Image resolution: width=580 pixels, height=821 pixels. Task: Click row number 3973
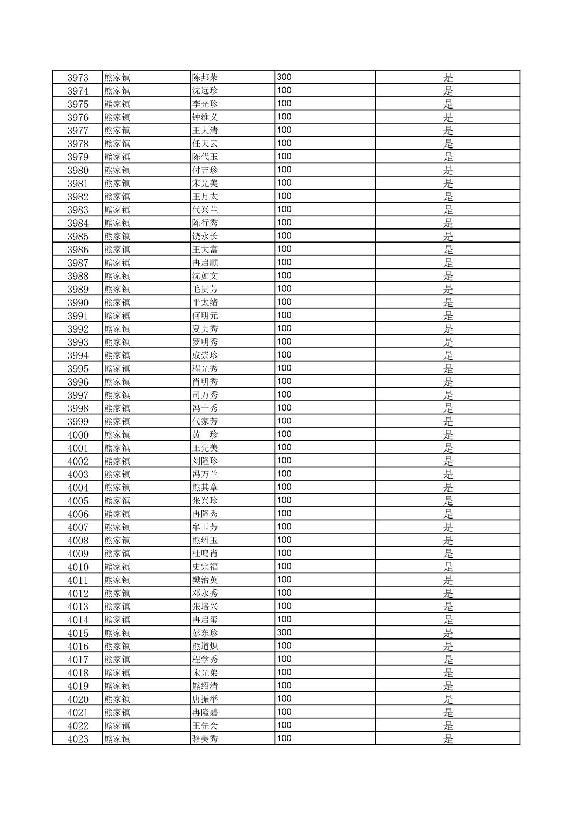pyautogui.click(x=78, y=77)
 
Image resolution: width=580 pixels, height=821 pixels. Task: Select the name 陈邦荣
pyautogui.click(x=205, y=77)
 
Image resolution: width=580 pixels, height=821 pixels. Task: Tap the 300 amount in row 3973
pyautogui.click(x=284, y=77)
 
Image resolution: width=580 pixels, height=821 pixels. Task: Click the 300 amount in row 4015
pyautogui.click(x=284, y=632)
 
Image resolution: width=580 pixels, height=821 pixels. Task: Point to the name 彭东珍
pyautogui.click(x=205, y=633)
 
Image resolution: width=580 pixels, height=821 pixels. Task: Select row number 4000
pyautogui.click(x=78, y=435)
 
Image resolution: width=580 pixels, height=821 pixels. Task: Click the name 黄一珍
pyautogui.click(x=205, y=435)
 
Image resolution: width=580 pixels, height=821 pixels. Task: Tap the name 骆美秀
pyautogui.click(x=205, y=739)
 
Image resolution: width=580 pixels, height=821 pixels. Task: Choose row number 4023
pyautogui.click(x=78, y=739)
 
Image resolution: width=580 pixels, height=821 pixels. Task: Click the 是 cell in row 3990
pyautogui.click(x=448, y=302)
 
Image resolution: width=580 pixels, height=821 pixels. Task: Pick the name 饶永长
pyautogui.click(x=205, y=236)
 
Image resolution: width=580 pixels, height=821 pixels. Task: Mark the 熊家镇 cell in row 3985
pyautogui.click(x=117, y=236)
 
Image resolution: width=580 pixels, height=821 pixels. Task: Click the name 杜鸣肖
pyautogui.click(x=205, y=554)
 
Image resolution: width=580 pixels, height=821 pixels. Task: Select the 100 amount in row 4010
pyautogui.click(x=284, y=566)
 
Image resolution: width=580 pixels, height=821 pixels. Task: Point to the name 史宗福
pyautogui.click(x=205, y=567)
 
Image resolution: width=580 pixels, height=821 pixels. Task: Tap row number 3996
pyautogui.click(x=78, y=382)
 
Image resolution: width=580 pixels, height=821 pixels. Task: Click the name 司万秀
pyautogui.click(x=205, y=395)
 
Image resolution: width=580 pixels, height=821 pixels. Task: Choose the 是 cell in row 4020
pyautogui.click(x=448, y=699)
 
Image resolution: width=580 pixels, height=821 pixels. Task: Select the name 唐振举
pyautogui.click(x=205, y=699)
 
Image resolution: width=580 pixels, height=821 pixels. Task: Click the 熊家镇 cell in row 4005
pyautogui.click(x=117, y=501)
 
